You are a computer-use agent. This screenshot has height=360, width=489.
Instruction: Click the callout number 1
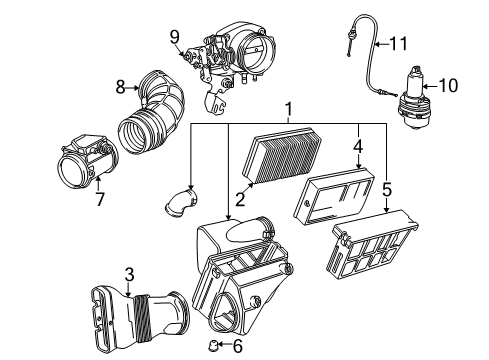(289, 109)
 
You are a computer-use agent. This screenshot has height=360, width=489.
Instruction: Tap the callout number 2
(240, 200)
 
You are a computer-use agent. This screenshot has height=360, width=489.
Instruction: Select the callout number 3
(129, 275)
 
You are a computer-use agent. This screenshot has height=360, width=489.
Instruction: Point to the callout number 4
(358, 147)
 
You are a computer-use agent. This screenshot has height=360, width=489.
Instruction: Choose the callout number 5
(387, 190)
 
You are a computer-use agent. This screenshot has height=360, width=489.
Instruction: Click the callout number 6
(237, 346)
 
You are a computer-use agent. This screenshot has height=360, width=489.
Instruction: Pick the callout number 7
(100, 199)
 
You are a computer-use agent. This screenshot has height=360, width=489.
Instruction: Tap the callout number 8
(120, 87)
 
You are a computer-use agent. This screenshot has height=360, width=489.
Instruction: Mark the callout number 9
(175, 37)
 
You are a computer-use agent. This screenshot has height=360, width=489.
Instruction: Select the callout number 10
(448, 85)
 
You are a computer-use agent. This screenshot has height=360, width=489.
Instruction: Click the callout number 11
(398, 44)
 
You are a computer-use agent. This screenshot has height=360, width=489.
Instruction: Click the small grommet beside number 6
(212, 345)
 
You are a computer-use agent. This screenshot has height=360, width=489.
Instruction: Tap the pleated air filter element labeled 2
(282, 155)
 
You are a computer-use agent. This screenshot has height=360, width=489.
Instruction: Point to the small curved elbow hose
(181, 202)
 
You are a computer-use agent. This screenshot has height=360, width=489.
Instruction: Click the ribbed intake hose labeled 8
(152, 112)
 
